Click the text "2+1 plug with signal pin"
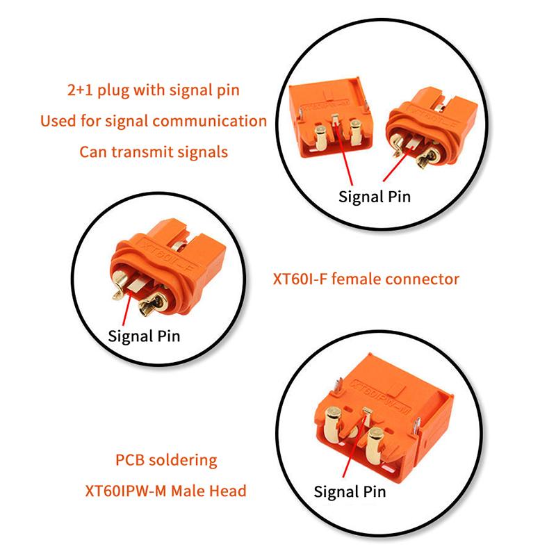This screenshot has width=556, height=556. tap(153, 90)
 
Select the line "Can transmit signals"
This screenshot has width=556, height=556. tap(154, 152)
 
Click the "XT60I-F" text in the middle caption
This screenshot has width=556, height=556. tap(300, 279)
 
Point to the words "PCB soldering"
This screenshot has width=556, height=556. tap(166, 460)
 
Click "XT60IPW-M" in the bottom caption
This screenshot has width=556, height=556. tap(126, 491)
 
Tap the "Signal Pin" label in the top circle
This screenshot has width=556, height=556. tap(375, 197)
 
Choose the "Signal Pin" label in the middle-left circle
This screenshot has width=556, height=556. tap(144, 336)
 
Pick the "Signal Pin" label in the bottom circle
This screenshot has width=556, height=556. tap(350, 492)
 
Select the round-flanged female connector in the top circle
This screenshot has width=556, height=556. tap(431, 127)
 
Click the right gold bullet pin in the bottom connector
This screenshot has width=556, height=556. tap(375, 446)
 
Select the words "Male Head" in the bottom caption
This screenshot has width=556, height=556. tap(208, 491)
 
